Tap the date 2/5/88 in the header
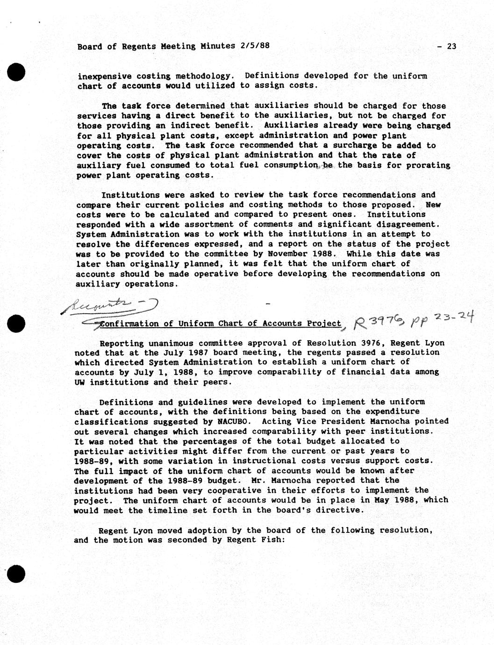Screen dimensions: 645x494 [255, 46]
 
